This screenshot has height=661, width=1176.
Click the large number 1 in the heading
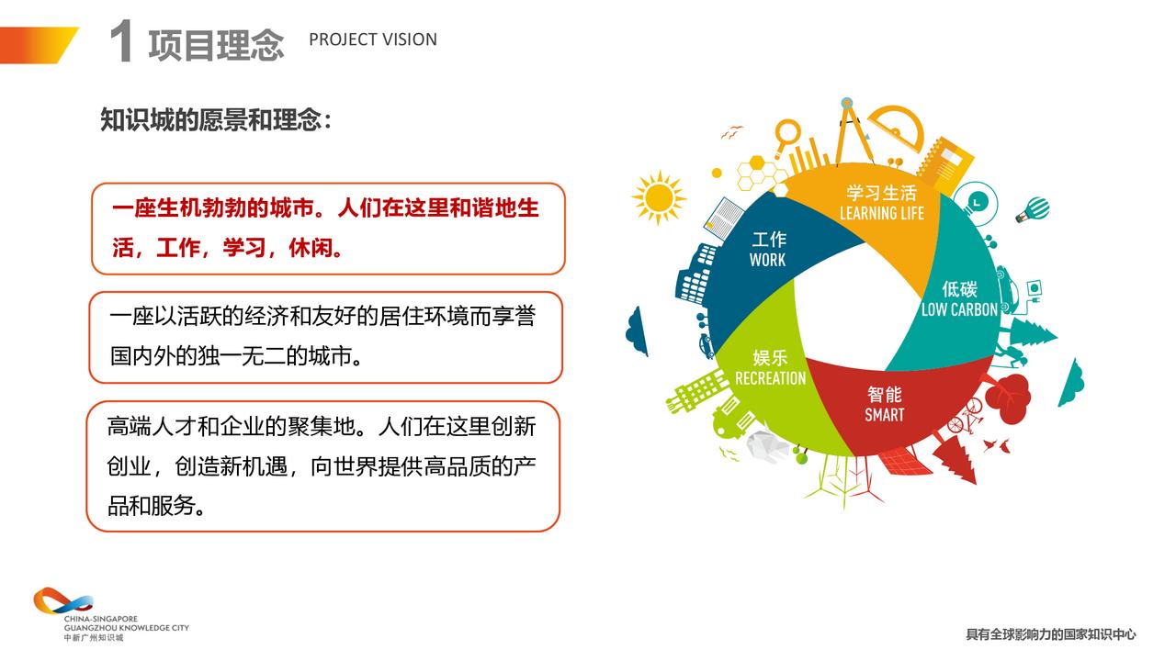click(x=120, y=41)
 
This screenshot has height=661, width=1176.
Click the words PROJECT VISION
click(x=373, y=39)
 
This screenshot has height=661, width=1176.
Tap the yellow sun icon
click(x=659, y=198)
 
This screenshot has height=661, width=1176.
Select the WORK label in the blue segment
click(x=767, y=260)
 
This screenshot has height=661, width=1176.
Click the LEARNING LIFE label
click(x=881, y=214)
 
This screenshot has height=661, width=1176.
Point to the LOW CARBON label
click(x=959, y=309)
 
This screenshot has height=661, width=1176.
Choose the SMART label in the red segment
click(x=885, y=415)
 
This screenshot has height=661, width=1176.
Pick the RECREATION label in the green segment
click(x=770, y=378)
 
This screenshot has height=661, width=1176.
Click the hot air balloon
click(x=1034, y=210)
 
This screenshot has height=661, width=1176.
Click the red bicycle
click(x=965, y=417)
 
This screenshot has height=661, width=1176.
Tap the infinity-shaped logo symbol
click(x=63, y=601)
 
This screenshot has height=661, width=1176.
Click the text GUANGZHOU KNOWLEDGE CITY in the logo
click(x=127, y=628)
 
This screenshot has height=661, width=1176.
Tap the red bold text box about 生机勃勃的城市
click(x=329, y=229)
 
